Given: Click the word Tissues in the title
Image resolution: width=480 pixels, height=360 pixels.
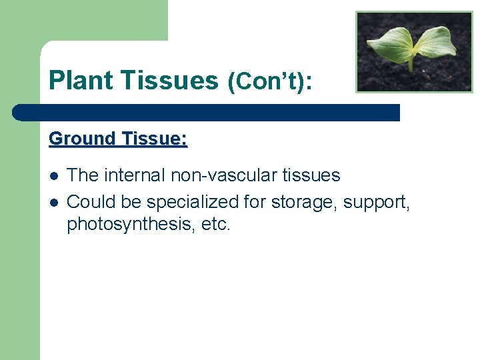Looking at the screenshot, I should click(171, 81).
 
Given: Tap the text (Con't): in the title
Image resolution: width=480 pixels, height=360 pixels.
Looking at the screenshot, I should click(270, 81).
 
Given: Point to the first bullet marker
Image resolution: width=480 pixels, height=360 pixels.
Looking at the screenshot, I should click(53, 176).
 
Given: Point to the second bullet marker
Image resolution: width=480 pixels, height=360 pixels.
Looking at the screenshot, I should click(53, 201).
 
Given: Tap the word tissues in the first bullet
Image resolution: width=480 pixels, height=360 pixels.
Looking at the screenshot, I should click(311, 175).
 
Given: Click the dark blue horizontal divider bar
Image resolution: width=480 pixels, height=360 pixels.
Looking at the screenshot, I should click(207, 112).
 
